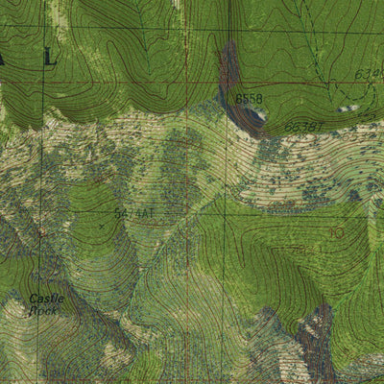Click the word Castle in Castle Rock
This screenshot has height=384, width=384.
pos(46,299)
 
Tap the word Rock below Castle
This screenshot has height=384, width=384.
pos(43,310)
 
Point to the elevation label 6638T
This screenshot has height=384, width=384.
pos(302,126)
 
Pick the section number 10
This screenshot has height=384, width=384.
pos(336,232)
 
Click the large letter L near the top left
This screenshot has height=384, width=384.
pos(50,59)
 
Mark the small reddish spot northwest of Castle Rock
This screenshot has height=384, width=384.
pos(41,231)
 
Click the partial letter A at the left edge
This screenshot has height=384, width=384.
pos(3,59)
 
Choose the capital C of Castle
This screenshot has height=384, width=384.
pos(33,299)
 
